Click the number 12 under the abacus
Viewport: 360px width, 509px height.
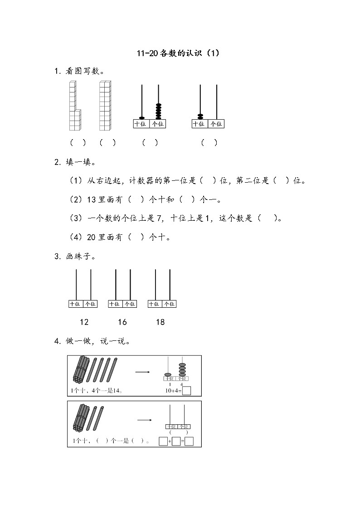pos(84,322)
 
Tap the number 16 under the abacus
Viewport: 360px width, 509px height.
pos(122,322)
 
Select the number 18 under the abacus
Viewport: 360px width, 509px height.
pos(160,322)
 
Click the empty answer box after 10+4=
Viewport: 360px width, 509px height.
pos(186,391)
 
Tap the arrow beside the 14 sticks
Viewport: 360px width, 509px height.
pos(143,373)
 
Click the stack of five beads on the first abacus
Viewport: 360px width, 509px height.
pos(158,111)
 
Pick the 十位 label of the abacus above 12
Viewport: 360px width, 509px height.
pos(75,304)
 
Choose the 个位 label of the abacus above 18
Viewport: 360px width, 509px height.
pos(169,304)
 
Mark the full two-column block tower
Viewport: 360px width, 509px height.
pos(105,106)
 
